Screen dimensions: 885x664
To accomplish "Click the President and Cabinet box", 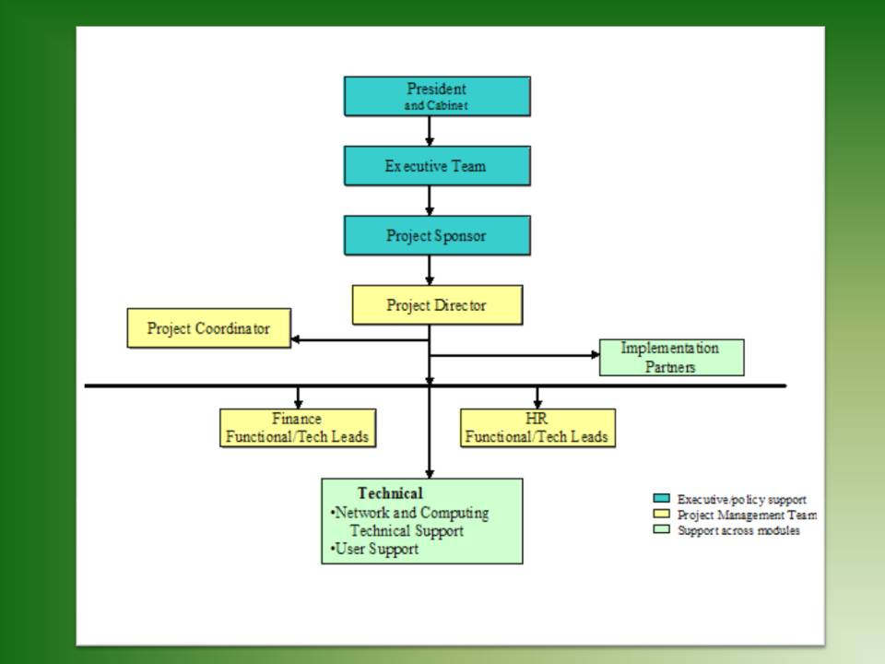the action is tap(437, 97).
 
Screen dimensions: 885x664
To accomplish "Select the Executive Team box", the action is tap(437, 166).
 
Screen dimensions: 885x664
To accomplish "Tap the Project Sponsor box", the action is tap(437, 235).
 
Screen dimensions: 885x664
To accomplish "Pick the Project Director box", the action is tap(437, 305).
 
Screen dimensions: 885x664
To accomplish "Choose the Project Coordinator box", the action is tap(209, 328).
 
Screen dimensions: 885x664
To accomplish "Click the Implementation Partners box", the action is tap(672, 358).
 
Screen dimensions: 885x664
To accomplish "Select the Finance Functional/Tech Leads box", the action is tap(298, 428).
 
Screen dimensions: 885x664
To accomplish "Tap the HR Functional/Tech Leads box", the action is tap(537, 428).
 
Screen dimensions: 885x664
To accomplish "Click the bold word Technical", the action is tap(390, 493).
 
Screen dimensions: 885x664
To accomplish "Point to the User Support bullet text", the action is tap(375, 550).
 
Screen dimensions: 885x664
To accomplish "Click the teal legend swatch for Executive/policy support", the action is tap(662, 499).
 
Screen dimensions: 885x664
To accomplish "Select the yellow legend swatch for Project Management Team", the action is tap(662, 514).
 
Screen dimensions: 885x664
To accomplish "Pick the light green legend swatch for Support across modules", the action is tap(662, 529).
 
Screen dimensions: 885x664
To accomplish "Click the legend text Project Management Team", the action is tap(747, 515).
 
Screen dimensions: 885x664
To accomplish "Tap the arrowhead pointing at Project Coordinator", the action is tap(295, 339).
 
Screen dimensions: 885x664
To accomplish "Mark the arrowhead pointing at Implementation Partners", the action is tap(595, 354).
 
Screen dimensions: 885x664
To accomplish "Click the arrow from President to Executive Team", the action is tap(430, 132).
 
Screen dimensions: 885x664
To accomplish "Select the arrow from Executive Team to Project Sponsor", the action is tap(430, 200).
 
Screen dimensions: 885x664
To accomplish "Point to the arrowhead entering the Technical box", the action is tap(430, 474).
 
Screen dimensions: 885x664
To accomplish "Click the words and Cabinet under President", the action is tap(436, 105).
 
